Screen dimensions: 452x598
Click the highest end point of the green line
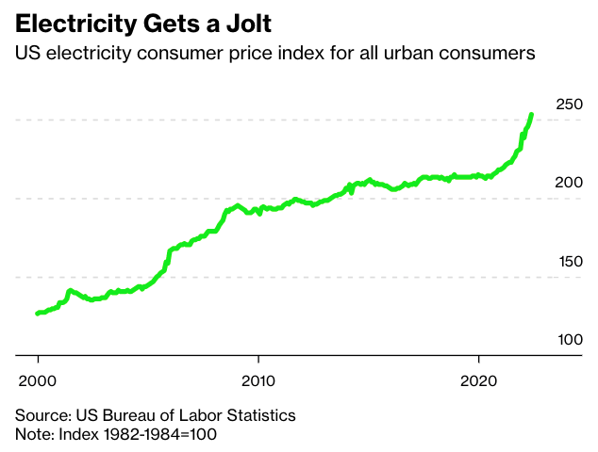point(531,115)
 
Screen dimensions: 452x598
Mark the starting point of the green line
point(38,314)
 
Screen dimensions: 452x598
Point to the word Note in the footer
point(31,434)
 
